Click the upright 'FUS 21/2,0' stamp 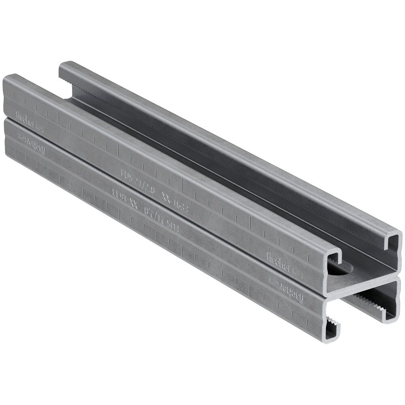[x=138, y=180]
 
